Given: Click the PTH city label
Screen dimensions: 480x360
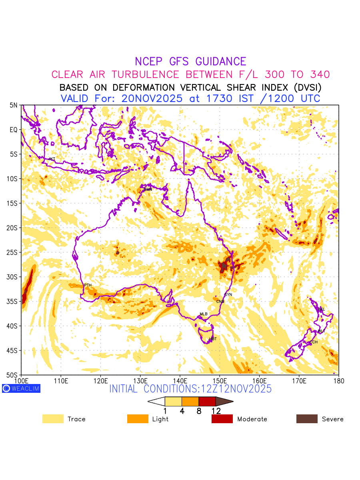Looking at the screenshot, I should (x=88, y=285).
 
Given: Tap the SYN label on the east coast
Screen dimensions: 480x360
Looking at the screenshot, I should (x=228, y=295).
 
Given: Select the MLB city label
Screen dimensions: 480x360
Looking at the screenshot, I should (x=204, y=314).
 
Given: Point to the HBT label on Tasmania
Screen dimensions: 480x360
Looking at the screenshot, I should (x=213, y=339).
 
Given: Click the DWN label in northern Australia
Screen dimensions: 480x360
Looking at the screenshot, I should (x=148, y=189).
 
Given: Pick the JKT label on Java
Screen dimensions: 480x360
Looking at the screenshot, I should (x=52, y=159).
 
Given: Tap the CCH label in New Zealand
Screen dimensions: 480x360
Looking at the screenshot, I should (x=314, y=342).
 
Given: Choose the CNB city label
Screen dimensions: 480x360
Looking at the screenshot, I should (x=220, y=301).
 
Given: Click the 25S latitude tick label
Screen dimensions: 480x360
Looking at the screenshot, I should (x=14, y=252).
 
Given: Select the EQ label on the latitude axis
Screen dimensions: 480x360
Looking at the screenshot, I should (x=14, y=130).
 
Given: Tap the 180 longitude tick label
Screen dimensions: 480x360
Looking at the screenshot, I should (x=338, y=380).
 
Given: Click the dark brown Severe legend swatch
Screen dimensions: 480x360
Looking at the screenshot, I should (x=307, y=419).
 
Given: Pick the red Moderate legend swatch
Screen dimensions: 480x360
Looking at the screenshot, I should (x=222, y=419).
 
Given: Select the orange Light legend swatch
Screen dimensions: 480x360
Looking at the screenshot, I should (x=138, y=419).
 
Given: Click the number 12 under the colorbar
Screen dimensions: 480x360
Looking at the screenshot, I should (x=216, y=411).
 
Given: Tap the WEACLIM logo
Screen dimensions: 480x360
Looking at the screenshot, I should (x=21, y=388).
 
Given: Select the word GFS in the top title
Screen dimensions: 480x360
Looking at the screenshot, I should (x=180, y=62).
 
